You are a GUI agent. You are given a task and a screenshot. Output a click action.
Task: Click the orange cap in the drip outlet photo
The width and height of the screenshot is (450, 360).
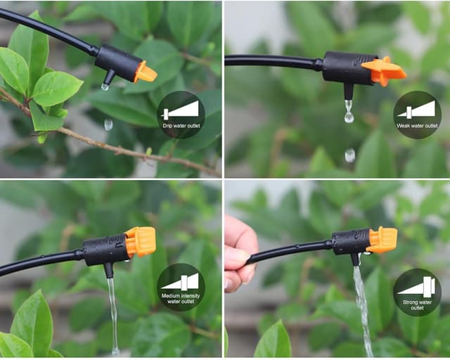[146, 72]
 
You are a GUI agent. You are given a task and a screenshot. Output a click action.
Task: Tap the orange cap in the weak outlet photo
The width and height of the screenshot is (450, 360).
[384, 72]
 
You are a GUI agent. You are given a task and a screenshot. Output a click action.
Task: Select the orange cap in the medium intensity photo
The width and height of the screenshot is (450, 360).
[141, 242]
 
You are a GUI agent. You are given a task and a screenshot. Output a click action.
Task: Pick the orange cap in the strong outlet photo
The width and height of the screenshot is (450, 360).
[382, 240]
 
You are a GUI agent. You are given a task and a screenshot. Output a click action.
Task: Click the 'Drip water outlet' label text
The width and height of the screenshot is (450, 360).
[181, 126]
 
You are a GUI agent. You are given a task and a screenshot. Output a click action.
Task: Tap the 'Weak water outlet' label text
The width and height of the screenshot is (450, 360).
[417, 126]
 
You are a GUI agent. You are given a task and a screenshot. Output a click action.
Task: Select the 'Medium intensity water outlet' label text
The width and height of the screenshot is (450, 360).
[181, 299]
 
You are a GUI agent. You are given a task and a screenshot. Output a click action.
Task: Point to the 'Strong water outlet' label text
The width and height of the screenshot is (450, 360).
[417, 305]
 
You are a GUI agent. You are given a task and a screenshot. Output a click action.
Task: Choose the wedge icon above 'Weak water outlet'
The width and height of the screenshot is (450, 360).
[416, 110]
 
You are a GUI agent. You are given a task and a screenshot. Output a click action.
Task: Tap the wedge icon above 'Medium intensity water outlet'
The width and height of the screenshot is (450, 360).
[180, 282]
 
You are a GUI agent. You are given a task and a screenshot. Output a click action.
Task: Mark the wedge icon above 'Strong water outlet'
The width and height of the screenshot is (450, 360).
[416, 286]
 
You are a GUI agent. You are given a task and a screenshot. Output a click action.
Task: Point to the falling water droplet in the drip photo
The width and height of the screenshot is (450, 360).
[108, 124]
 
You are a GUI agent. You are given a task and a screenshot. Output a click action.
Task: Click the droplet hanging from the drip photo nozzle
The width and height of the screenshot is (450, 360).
[105, 86]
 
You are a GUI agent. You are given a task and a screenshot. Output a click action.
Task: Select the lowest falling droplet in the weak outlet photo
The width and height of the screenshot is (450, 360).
[350, 155]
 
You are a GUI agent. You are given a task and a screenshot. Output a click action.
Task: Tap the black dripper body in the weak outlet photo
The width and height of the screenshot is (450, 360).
[347, 68]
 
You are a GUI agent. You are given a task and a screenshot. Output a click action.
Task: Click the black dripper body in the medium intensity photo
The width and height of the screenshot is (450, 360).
[105, 249]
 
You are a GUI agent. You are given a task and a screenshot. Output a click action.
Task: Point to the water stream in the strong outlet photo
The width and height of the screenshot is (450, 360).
[363, 310]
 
